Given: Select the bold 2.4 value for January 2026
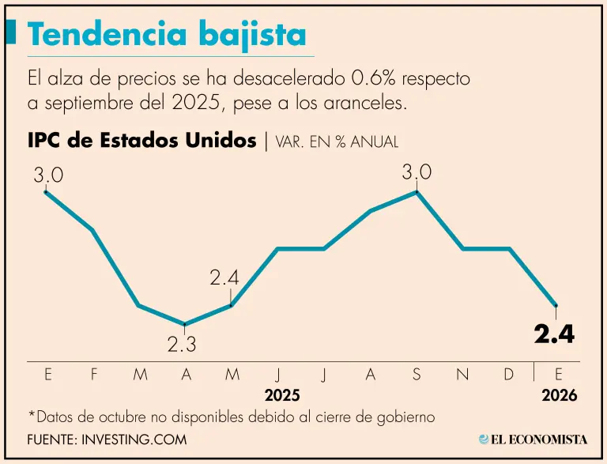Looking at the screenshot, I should pos(553,334).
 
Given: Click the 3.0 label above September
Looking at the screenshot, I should pos(417,172).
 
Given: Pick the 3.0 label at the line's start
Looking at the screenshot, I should pos(47,175).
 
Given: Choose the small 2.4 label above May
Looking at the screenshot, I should pos(224,278).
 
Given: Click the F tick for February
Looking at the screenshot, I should pos(94,375).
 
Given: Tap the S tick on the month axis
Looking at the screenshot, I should pos(417,375).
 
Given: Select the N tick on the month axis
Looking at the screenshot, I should pos(462,375).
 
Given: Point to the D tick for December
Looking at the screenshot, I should pos(509,375).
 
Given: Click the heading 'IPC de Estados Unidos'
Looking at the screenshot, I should pos(141,141).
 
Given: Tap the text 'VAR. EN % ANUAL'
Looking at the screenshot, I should pos(337,142).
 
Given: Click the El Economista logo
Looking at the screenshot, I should pos(533,439).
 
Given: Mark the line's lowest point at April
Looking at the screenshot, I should pos(185,324).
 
